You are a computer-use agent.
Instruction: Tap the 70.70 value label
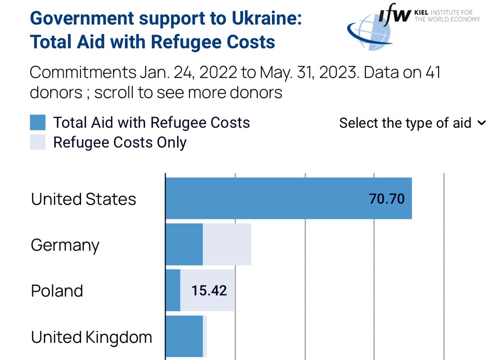387,199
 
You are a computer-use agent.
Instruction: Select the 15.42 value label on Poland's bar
209,291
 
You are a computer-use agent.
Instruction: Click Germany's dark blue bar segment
184,244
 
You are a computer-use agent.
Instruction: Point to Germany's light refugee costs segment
227,244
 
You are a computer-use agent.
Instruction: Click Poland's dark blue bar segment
173,290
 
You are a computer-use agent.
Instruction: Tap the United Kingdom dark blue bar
184,337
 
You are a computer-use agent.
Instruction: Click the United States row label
83,199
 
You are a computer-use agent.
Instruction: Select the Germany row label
65,245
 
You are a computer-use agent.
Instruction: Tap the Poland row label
57,291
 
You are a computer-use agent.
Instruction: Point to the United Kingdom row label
91,337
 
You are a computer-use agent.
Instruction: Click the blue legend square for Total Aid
38,123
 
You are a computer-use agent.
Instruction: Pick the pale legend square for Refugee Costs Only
38,142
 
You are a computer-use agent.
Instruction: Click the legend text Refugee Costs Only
120,143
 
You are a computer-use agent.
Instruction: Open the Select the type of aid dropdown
405,123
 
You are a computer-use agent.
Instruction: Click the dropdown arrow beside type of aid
481,123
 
